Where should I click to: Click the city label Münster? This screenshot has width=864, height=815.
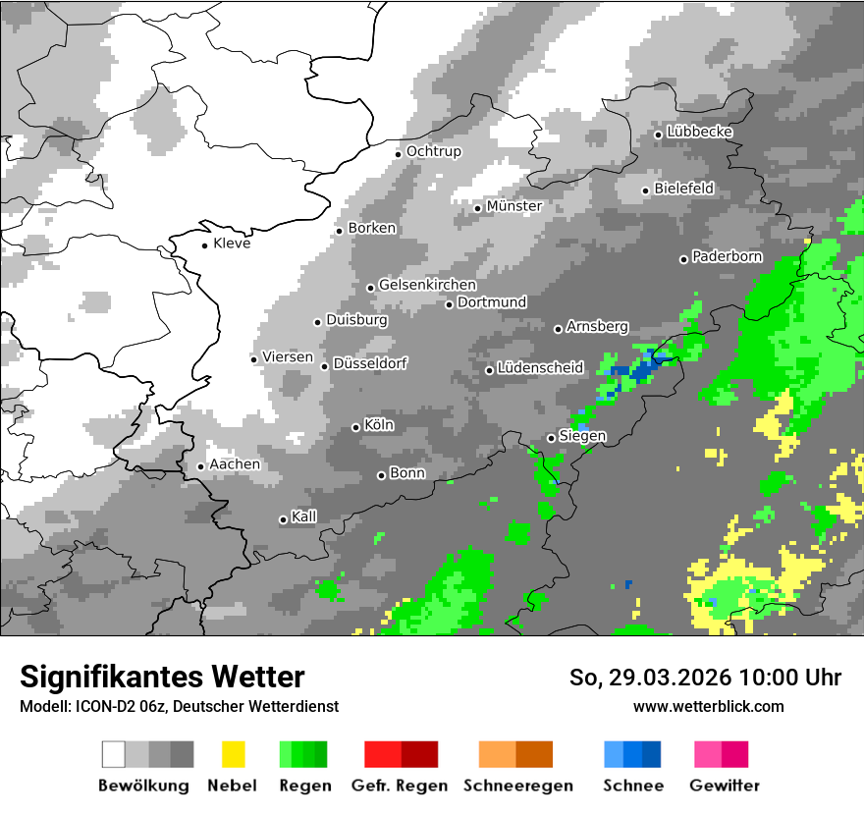[513, 206]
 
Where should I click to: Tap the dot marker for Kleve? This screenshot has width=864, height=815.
[204, 245]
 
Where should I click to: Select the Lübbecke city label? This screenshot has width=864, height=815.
[699, 132]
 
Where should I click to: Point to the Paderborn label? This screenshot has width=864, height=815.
[727, 257]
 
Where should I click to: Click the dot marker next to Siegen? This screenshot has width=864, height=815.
[551, 438]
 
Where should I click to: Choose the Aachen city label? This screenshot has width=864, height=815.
[235, 464]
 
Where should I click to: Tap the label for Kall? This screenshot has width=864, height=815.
[303, 516]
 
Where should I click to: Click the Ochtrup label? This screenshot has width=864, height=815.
[433, 151]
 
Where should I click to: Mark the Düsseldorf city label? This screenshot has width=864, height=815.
[369, 363]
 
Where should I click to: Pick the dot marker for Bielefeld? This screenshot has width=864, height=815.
[645, 190]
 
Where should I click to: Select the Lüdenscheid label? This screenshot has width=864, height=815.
[540, 368]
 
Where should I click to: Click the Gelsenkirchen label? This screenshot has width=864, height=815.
[427, 285]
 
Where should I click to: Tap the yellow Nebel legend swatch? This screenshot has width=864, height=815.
[233, 754]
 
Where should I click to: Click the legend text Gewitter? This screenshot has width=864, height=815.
[724, 786]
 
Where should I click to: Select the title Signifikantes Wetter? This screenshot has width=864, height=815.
[162, 677]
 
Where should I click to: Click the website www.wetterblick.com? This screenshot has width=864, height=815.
[708, 706]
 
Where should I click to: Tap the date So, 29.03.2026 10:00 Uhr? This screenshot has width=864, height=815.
[705, 678]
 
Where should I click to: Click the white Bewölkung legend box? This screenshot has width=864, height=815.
[114, 754]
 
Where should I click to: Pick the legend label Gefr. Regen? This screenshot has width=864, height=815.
[400, 786]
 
